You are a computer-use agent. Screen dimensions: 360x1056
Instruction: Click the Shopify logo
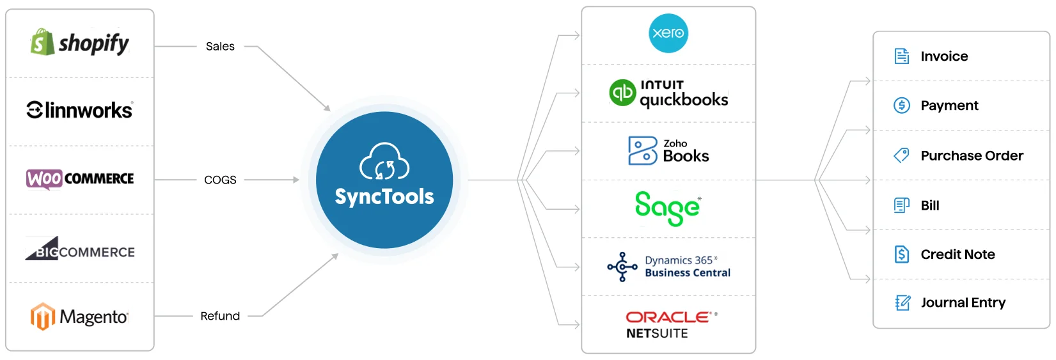coord(79,43)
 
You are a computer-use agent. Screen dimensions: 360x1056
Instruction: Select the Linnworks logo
coord(79,110)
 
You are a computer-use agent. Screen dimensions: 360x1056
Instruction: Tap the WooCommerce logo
coord(79,178)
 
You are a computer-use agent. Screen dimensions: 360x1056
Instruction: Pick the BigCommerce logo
coord(79,250)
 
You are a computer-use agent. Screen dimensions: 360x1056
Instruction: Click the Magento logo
coord(79,317)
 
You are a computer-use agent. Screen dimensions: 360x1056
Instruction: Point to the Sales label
coord(220,47)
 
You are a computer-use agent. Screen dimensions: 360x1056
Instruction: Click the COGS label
coord(220,180)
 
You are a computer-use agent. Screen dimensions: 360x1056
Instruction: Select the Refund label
coord(220,316)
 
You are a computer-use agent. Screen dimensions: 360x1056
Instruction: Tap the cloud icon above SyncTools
coord(384,162)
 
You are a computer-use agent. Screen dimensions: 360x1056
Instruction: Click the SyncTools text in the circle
coord(384,197)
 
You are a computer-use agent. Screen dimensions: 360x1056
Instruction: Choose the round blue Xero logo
coord(668,33)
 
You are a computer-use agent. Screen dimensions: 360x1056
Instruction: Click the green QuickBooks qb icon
coord(622,93)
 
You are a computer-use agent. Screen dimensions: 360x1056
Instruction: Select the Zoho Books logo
coord(668,151)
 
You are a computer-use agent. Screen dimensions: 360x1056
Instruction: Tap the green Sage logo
coord(668,208)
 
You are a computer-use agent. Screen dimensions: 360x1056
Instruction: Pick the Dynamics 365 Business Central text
coord(687,267)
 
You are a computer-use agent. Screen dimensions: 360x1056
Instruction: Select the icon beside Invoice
coord(902,56)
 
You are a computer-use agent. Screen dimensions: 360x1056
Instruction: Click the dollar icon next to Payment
coord(902,106)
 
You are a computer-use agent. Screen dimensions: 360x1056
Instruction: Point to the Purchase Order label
coord(972,156)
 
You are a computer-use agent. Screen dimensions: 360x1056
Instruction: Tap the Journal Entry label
coord(963,302)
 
